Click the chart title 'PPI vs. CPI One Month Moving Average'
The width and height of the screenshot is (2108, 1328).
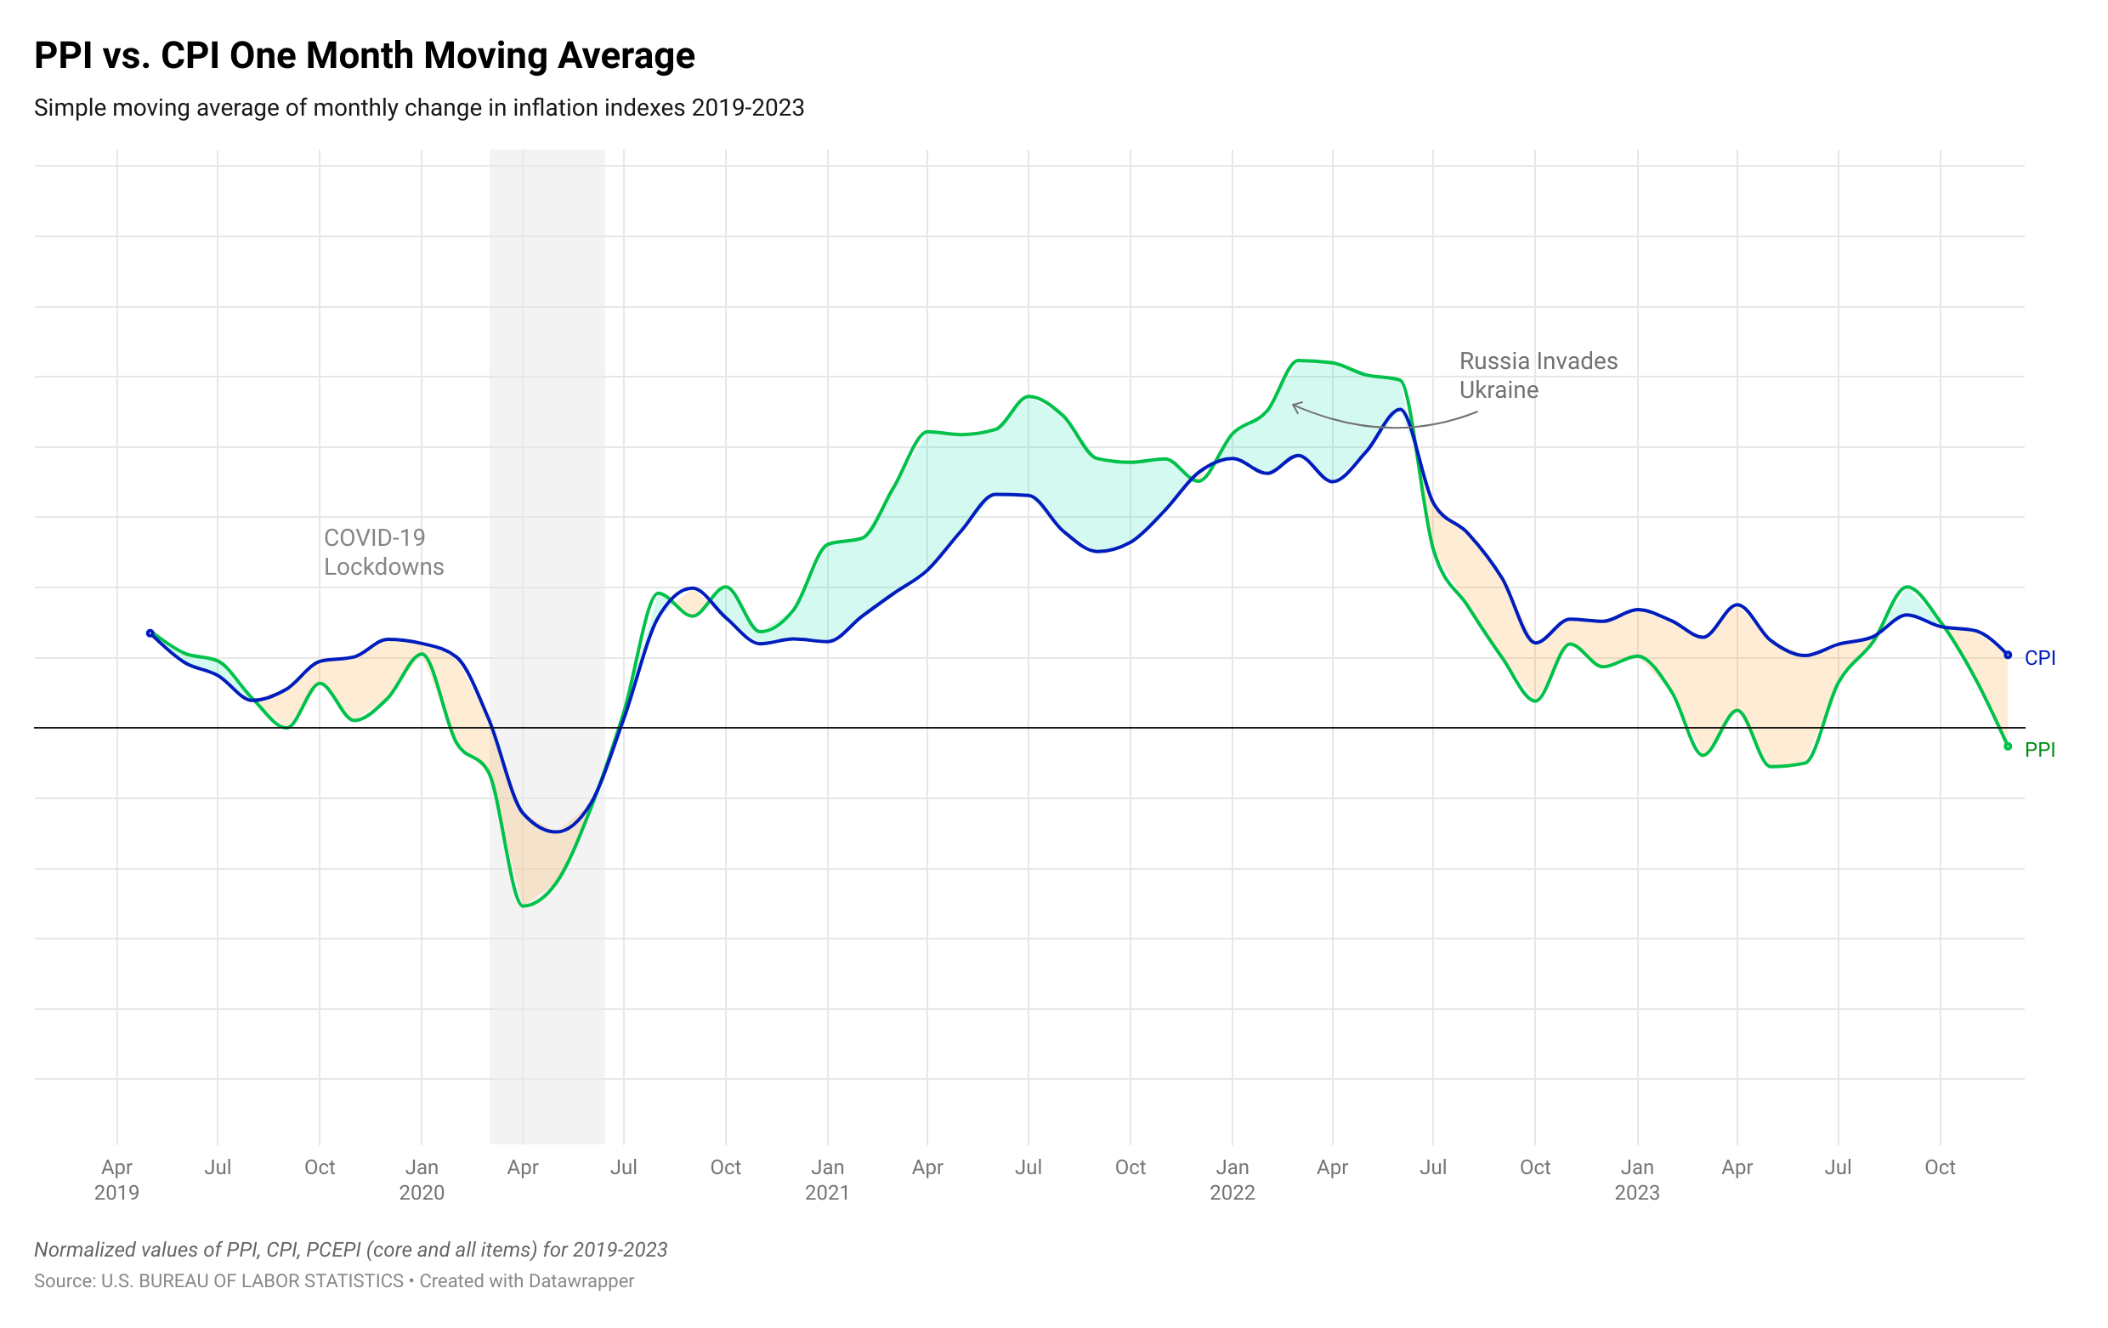[364, 56]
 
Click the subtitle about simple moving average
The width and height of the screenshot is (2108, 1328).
[418, 109]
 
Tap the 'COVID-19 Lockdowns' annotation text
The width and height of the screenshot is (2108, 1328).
[383, 553]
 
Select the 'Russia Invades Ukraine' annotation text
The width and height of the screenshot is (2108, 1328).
[1538, 376]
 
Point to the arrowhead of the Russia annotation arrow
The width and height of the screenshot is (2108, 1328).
[1294, 405]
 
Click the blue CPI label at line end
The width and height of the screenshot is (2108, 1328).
[2039, 658]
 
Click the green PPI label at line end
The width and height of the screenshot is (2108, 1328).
[2039, 750]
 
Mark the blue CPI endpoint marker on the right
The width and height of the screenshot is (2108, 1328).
[2008, 655]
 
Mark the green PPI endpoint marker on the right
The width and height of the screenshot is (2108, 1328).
[2008, 746]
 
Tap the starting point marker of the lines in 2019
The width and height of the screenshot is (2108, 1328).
[150, 633]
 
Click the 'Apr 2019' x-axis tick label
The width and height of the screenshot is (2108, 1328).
[117, 1179]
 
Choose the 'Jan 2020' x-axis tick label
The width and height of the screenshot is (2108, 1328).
[422, 1179]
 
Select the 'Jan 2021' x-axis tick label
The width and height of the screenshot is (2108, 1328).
[827, 1179]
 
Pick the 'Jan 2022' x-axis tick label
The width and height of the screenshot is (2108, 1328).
[1232, 1179]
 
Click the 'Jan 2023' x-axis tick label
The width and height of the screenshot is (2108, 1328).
[1637, 1179]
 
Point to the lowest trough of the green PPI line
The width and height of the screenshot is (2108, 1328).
[524, 905]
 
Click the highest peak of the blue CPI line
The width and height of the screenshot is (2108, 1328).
[1401, 410]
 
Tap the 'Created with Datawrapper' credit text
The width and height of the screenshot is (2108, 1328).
[527, 1280]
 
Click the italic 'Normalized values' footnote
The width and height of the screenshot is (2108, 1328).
[350, 1250]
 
